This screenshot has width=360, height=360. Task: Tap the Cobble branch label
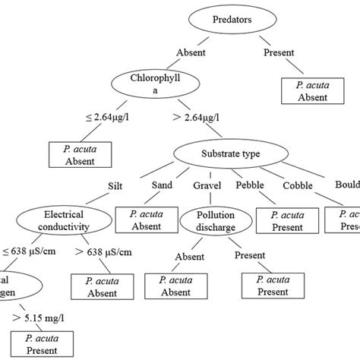coord(298,186)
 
